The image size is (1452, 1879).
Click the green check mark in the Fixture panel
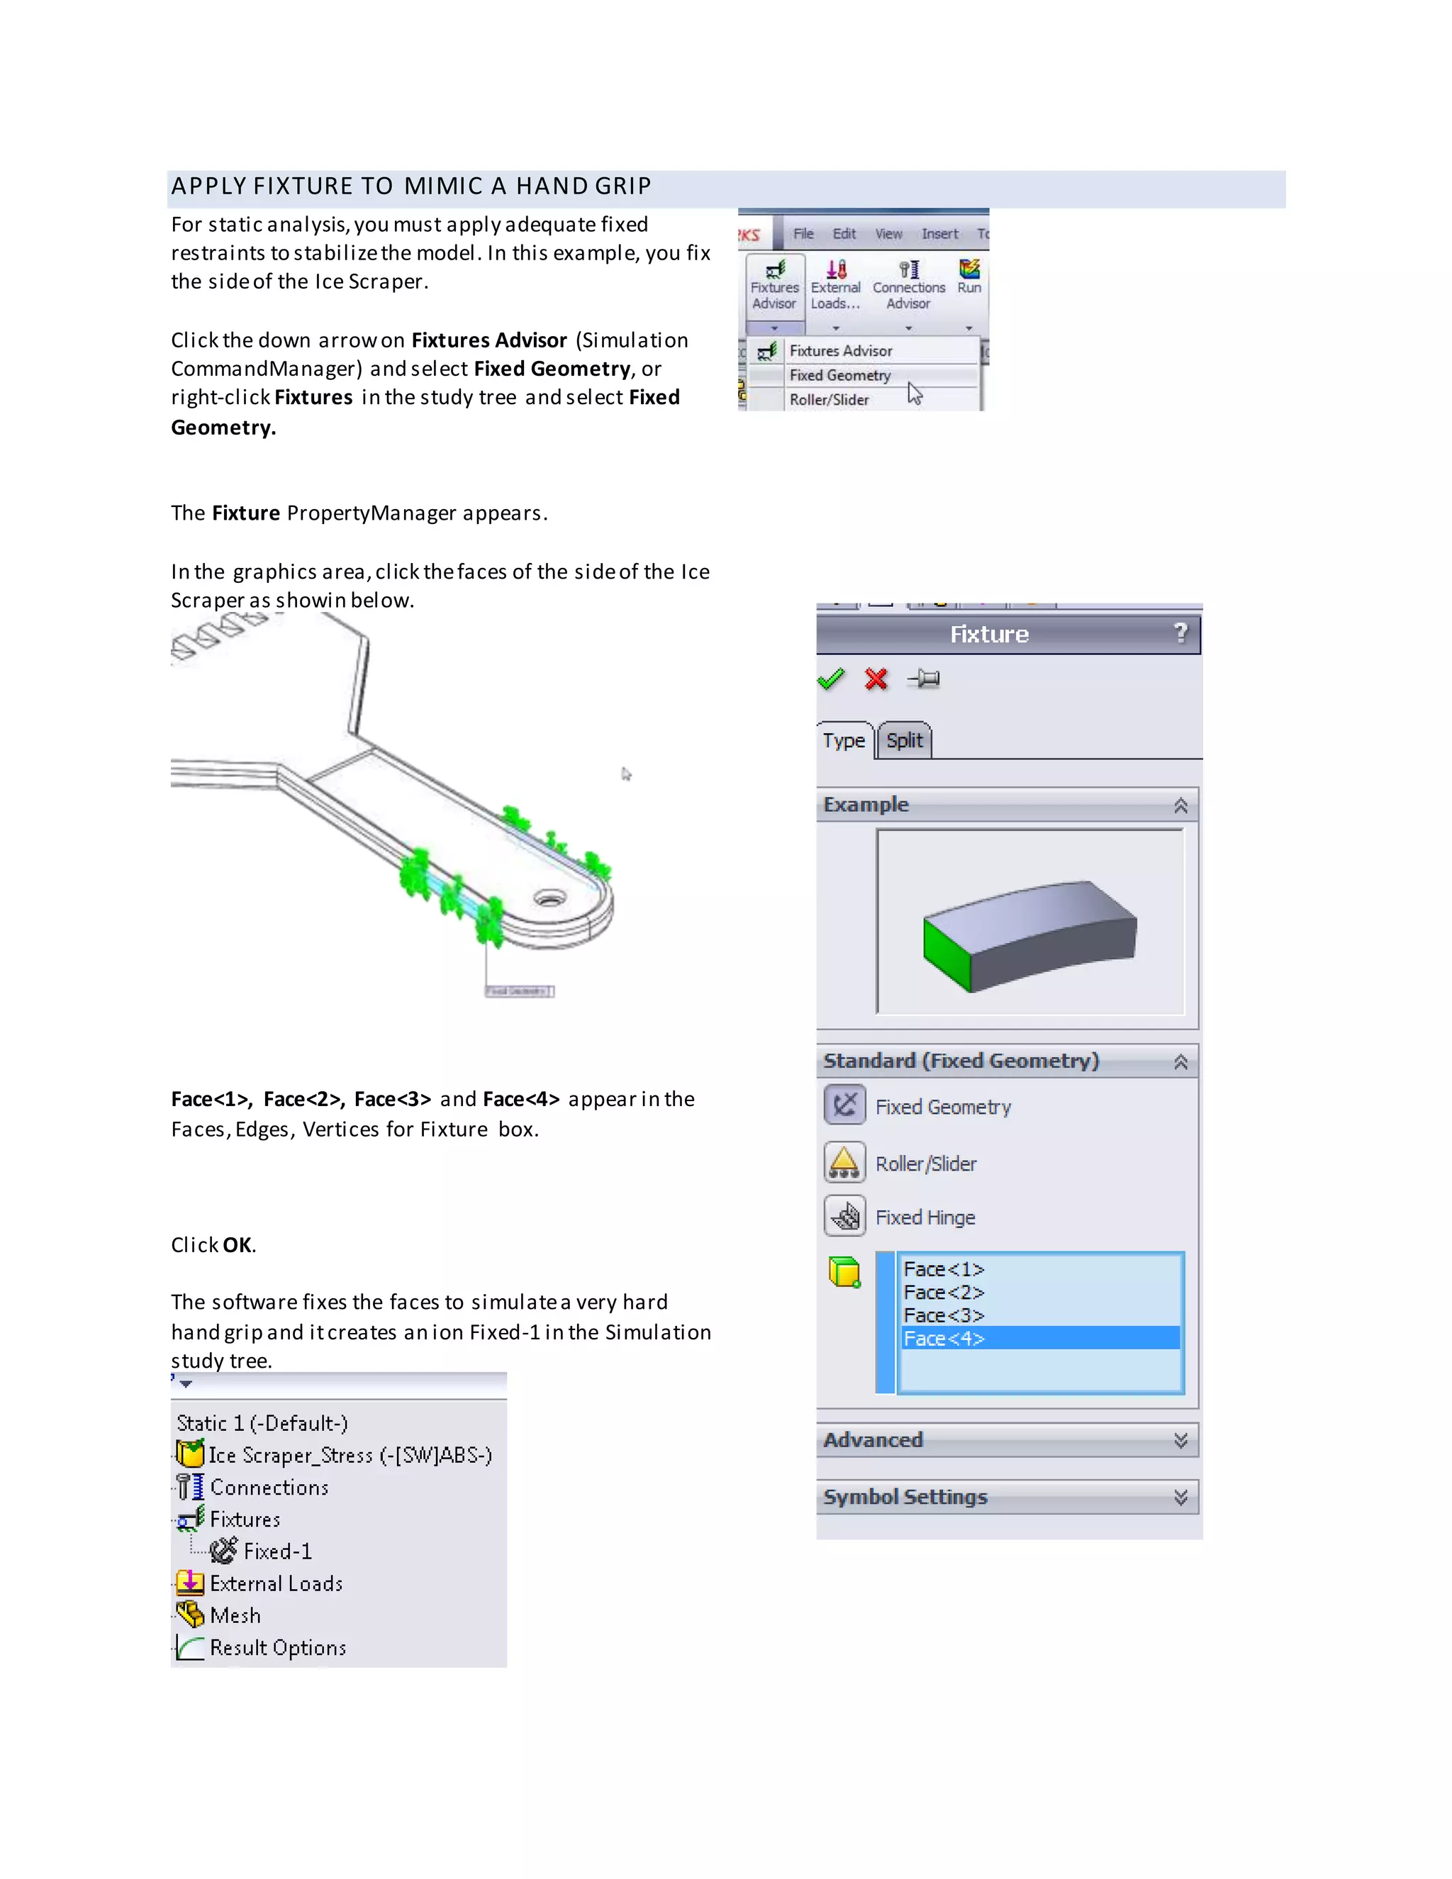[831, 680]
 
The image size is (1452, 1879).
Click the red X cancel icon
[876, 680]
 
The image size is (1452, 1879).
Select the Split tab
[904, 741]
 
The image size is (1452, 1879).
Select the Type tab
[844, 741]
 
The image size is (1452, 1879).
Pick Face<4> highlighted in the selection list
[944, 1339]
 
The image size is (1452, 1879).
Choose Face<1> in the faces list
[944, 1269]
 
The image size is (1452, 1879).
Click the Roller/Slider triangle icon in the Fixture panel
[844, 1162]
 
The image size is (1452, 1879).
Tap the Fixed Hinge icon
[844, 1217]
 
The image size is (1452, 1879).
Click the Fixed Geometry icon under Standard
[844, 1105]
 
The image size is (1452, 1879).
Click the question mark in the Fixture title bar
[1181, 633]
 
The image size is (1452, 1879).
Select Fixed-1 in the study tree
[277, 1551]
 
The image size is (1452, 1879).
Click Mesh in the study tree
[235, 1616]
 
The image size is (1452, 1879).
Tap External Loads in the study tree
[275, 1584]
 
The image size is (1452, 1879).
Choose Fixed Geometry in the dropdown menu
[839, 375]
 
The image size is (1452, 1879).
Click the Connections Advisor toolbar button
[908, 286]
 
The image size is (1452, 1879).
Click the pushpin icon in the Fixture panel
[925, 680]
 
